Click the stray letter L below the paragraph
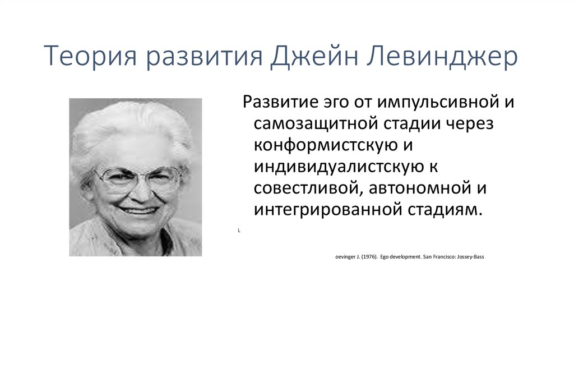(x=239, y=231)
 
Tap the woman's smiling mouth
(x=138, y=210)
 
